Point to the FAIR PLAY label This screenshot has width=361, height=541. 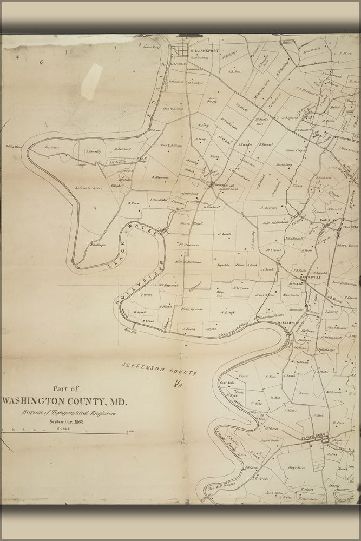tap(329, 221)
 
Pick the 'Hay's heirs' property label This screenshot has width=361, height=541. tap(297, 467)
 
